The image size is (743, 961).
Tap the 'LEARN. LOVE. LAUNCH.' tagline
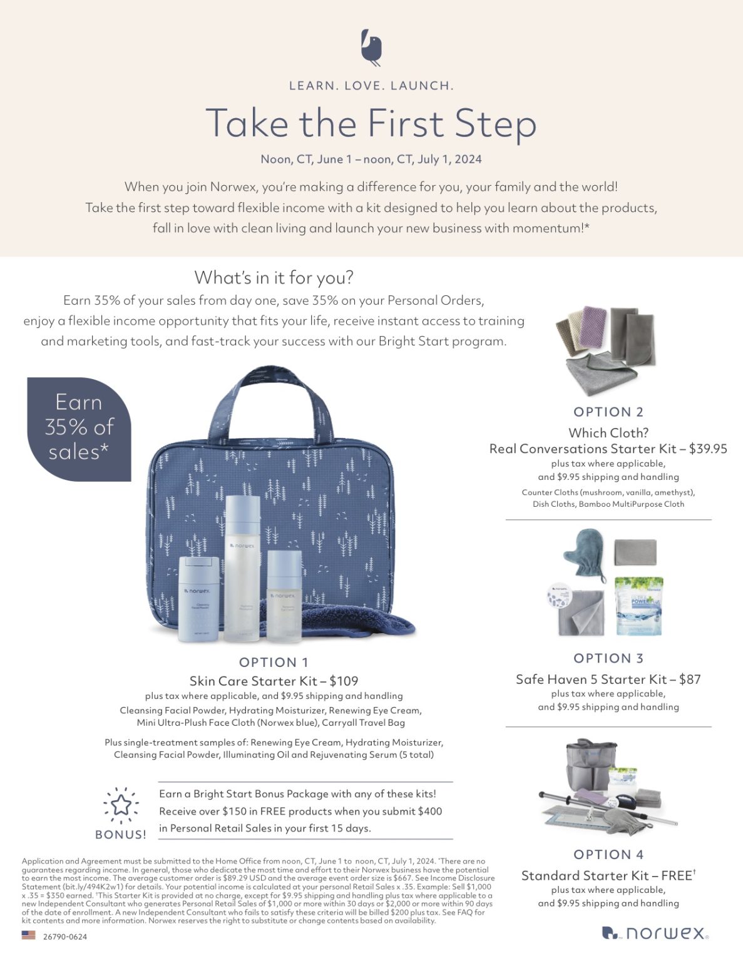click(x=372, y=86)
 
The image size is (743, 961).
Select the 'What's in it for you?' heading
click(x=274, y=278)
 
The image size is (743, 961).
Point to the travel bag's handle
click(x=270, y=398)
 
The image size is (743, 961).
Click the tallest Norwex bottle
click(x=242, y=568)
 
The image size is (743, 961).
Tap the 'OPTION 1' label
click(x=274, y=663)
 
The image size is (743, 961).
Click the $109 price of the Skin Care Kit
click(x=344, y=681)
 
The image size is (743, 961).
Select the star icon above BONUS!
click(x=121, y=805)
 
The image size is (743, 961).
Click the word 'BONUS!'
click(x=121, y=835)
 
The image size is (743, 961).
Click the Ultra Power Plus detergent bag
click(x=640, y=606)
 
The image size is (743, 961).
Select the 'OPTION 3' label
click(x=608, y=659)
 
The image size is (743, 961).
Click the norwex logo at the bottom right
click(x=655, y=933)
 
